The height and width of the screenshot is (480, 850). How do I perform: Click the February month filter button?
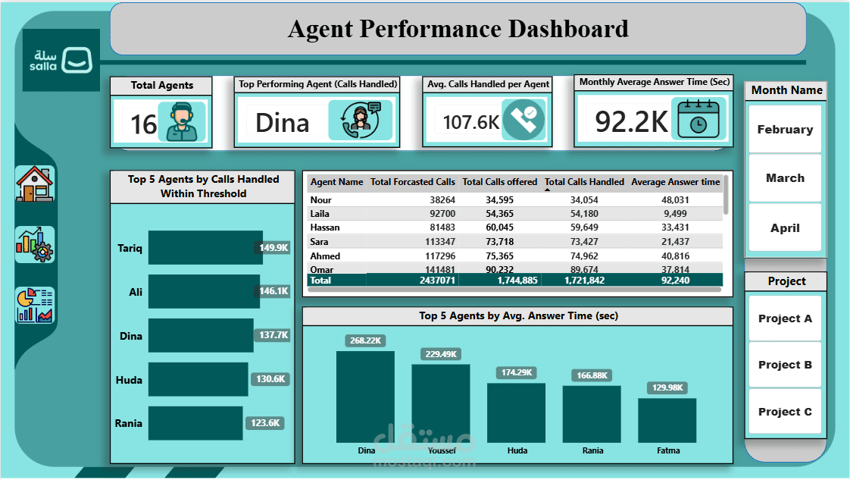tap(785, 130)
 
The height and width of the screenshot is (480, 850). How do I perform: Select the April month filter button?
tap(785, 227)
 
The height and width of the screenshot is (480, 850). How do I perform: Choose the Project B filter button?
tap(785, 365)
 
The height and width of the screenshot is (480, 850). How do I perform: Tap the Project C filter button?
tap(785, 412)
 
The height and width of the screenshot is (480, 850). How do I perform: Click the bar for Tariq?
tap(205, 248)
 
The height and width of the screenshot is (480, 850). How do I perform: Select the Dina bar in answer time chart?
tap(365, 396)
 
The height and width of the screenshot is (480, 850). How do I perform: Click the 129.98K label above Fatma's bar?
tap(667, 387)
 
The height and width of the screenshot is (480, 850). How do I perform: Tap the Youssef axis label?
tap(441, 450)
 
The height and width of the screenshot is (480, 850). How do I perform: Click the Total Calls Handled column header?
tap(584, 182)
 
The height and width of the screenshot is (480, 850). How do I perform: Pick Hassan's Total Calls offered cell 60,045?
tap(500, 227)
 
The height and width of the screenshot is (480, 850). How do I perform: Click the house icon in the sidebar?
tap(35, 184)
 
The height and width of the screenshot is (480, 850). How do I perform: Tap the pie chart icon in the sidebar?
tap(35, 305)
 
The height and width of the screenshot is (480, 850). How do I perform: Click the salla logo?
tap(61, 61)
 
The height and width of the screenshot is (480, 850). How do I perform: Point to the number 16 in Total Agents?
tap(144, 124)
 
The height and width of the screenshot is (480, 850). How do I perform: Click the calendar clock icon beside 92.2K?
tap(698, 119)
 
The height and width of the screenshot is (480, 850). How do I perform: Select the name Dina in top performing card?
tap(282, 123)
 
